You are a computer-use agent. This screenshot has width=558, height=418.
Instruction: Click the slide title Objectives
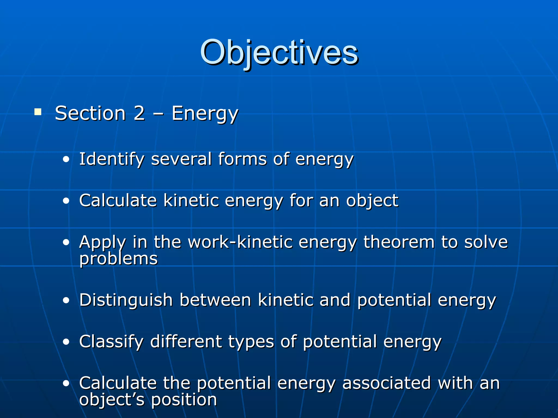click(x=279, y=52)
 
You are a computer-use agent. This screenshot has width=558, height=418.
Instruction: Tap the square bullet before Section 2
click(x=38, y=112)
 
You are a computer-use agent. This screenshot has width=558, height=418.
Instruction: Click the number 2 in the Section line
click(x=139, y=113)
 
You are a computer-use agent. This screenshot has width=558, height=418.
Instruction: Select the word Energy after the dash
click(x=205, y=114)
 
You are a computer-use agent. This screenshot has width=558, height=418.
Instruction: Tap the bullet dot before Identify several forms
click(x=66, y=160)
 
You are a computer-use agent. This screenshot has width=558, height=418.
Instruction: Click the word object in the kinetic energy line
click(x=372, y=201)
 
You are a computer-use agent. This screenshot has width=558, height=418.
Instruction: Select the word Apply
click(x=102, y=242)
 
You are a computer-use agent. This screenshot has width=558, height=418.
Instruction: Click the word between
click(x=215, y=300)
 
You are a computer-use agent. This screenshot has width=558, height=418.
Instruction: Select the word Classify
click(x=111, y=342)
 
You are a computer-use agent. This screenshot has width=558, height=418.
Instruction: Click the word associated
click(x=386, y=383)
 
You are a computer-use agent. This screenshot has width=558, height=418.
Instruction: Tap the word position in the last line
click(x=184, y=400)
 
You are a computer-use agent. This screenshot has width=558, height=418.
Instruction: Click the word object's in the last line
click(x=112, y=400)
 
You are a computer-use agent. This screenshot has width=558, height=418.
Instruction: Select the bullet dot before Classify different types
click(x=66, y=342)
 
